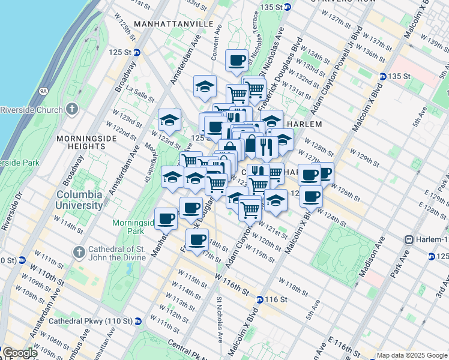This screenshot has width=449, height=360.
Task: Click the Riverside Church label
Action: (31, 110)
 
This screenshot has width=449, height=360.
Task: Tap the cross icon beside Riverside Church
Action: (72, 109)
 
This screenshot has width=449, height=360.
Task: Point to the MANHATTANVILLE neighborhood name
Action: (174, 23)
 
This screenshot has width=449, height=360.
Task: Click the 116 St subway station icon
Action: (259, 299)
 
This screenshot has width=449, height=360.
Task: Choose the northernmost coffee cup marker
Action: (237, 59)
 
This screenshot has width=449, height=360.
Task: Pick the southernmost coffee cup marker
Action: (197, 239)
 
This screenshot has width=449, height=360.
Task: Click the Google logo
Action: (19, 353)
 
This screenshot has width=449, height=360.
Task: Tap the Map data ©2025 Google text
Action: (411, 355)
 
